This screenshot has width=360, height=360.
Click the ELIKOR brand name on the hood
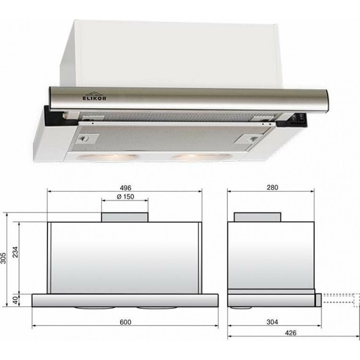click(x=95, y=98)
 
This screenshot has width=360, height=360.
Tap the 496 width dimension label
click(x=126, y=188)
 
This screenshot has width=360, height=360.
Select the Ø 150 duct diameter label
click(x=125, y=197)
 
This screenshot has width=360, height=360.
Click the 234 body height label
click(x=15, y=252)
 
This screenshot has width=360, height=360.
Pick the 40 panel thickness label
click(x=15, y=300)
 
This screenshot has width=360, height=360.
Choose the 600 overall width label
click(x=126, y=322)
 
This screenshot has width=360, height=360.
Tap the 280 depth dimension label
click(x=272, y=188)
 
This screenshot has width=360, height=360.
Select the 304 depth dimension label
click(x=272, y=322)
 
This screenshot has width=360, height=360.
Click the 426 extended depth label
click(x=291, y=333)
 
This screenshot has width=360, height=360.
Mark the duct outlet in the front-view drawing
click(x=125, y=217)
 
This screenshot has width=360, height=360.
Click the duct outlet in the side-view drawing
click(x=257, y=217)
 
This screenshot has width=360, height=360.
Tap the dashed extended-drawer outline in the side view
click(x=341, y=300)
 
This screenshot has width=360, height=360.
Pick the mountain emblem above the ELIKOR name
click(x=94, y=93)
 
